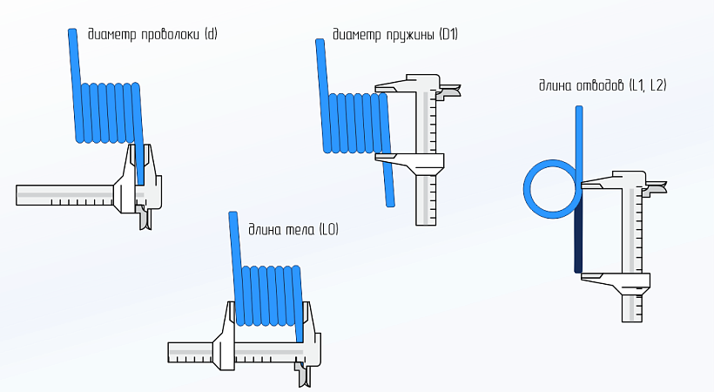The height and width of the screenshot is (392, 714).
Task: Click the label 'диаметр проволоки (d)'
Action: pos(152,35)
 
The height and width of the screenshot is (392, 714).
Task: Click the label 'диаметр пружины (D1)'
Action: pos(395,35)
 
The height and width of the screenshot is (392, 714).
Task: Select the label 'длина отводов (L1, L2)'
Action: pos(603,84)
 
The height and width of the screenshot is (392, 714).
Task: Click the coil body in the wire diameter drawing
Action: pos(109,113)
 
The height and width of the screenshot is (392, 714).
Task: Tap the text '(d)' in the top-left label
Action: pos(210,35)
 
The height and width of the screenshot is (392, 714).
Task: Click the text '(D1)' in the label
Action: pos(449,35)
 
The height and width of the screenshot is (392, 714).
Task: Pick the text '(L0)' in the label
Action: pos(328,230)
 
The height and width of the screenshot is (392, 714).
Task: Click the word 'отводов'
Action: pos(599,84)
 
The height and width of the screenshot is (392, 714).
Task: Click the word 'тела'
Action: pos(300,230)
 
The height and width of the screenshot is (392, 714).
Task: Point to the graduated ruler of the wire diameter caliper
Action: pos(65,194)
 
